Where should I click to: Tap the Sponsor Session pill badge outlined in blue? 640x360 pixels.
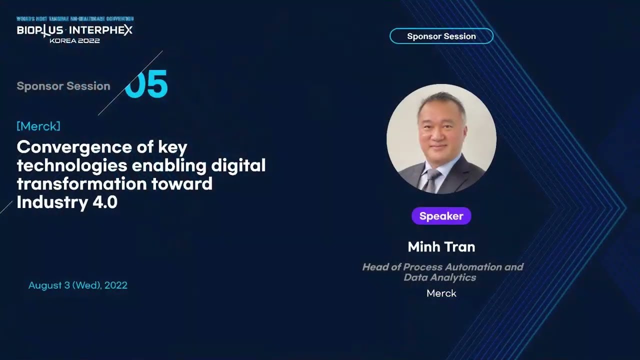[441, 36]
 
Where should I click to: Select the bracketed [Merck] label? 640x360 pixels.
[38, 126]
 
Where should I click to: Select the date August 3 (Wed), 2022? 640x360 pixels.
[78, 285]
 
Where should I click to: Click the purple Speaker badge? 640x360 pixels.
[441, 216]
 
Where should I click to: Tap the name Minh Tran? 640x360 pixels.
[441, 246]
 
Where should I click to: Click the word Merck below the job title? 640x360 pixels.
[441, 293]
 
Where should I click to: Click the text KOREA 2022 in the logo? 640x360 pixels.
[74, 40]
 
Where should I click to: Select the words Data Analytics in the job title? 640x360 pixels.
[440, 277]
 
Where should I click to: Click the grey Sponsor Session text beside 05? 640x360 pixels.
[63, 86]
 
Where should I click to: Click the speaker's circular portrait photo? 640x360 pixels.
[441, 138]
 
